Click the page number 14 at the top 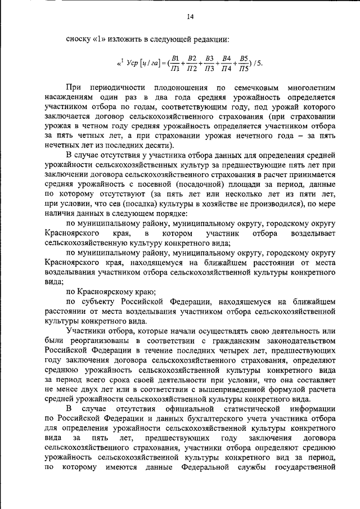coord(190,17)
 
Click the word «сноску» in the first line coord(77,39)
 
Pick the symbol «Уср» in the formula coord(130,63)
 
